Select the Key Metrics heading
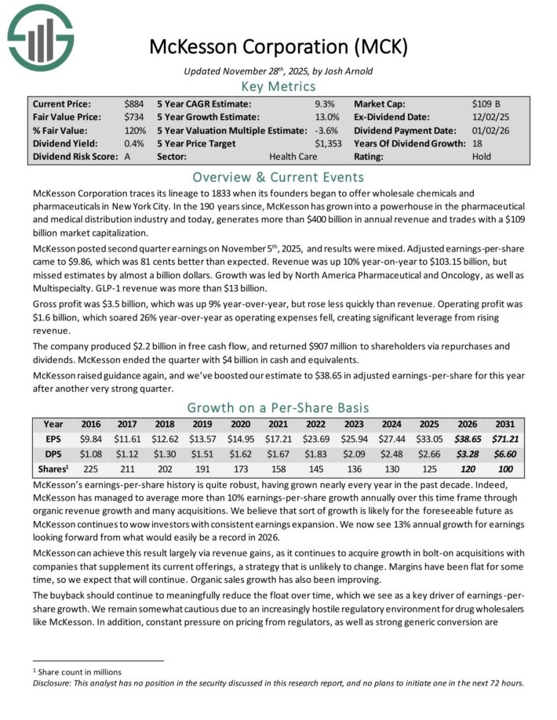[x=278, y=86]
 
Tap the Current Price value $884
[x=133, y=103]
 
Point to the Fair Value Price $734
[x=133, y=117]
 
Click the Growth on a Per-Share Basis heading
[x=278, y=407]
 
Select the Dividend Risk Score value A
[x=128, y=157]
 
